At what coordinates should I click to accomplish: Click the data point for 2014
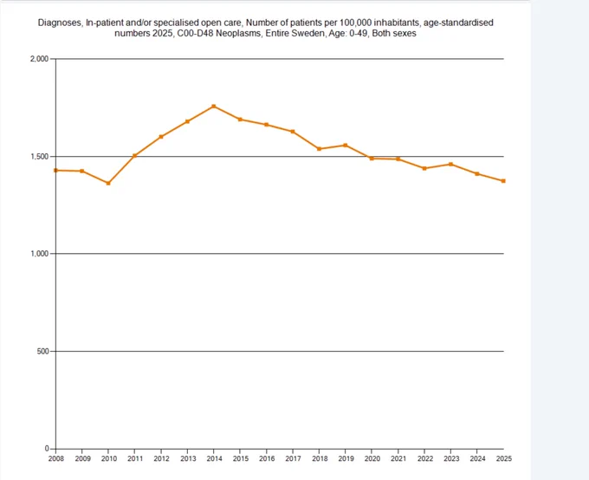click(214, 107)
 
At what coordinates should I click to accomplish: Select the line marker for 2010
click(108, 184)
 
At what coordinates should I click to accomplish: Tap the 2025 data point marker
click(503, 181)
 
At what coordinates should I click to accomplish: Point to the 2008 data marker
click(56, 171)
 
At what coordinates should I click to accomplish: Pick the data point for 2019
click(346, 145)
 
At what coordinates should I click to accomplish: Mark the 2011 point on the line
click(134, 156)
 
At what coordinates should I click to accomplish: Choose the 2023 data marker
click(450, 165)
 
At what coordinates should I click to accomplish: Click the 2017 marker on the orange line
click(293, 132)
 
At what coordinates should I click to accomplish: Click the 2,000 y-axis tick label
click(40, 59)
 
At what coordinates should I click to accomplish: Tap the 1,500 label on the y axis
click(40, 156)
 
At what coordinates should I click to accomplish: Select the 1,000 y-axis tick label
click(40, 254)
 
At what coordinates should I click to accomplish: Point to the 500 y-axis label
click(42, 352)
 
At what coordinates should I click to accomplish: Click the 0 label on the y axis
click(47, 449)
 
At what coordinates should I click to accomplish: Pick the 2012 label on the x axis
click(161, 458)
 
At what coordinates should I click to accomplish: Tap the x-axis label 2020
click(372, 458)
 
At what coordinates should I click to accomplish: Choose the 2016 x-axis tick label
click(267, 458)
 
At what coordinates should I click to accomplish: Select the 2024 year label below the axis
click(477, 458)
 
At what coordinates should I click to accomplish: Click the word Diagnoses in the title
click(60, 23)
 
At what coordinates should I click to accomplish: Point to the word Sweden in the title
click(310, 34)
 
